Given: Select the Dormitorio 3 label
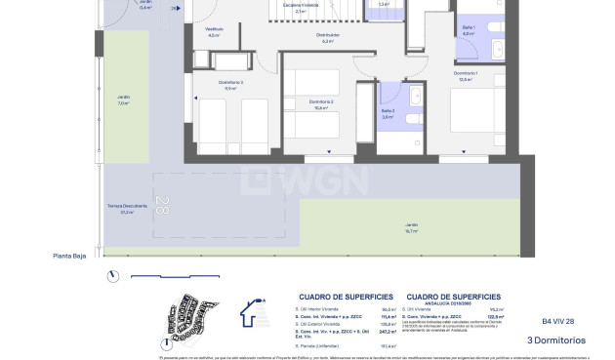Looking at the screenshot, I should coord(205,84).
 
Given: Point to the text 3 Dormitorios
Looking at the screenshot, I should coord(556,340).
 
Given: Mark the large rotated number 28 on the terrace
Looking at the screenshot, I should coord(162,208).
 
